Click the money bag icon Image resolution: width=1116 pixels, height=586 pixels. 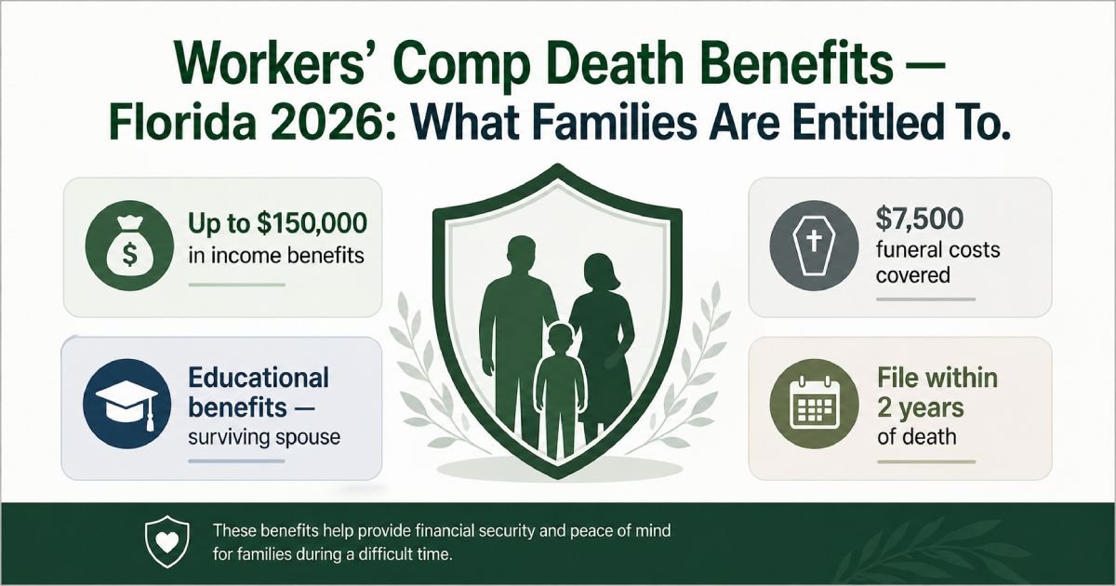pos(129,246)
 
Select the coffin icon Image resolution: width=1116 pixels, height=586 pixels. pos(814,246)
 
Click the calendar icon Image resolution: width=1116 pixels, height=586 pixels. pos(815,404)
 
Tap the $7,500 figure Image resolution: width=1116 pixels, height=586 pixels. pos(919,220)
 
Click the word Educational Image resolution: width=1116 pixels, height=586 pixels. pos(259,378)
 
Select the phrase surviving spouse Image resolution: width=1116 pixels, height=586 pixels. pos(264,437)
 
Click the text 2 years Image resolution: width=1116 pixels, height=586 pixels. pos(921,408)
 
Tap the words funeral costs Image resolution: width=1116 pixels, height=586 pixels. pos(937,249)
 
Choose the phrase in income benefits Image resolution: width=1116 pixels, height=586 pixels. pos(276,256)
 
